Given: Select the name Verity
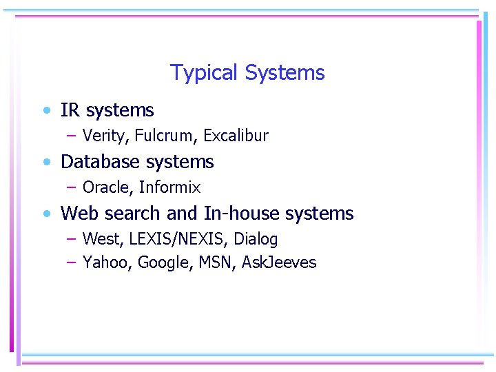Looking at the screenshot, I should coord(104,136).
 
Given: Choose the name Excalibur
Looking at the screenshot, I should coord(236,136).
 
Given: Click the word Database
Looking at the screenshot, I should coord(101,162).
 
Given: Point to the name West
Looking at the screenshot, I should coord(99,240).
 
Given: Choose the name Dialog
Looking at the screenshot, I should coord(256,240).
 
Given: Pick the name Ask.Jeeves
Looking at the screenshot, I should coord(279,262).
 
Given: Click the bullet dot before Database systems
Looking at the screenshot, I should coord(45,163).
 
